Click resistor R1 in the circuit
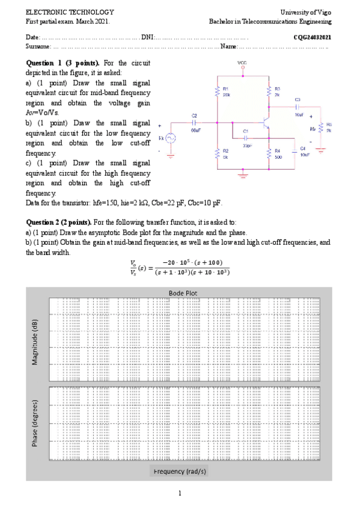point(216,91)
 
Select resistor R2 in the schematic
point(216,153)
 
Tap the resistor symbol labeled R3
point(269,91)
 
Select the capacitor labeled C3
point(297,106)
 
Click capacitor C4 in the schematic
point(295,150)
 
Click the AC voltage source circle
point(171,138)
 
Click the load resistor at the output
point(322,127)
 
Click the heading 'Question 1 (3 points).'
point(64,63)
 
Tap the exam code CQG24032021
point(312,37)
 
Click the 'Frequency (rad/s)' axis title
point(180,471)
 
